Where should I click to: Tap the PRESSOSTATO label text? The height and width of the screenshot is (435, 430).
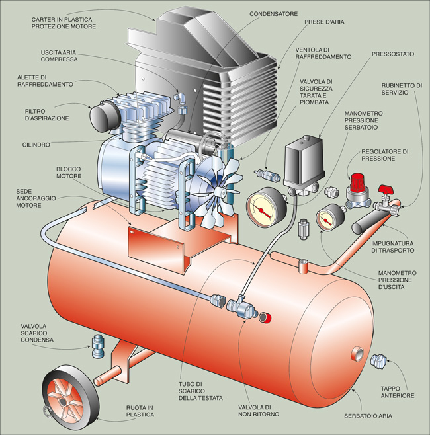[393, 53]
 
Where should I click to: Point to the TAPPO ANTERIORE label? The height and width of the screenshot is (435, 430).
[398, 392]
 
